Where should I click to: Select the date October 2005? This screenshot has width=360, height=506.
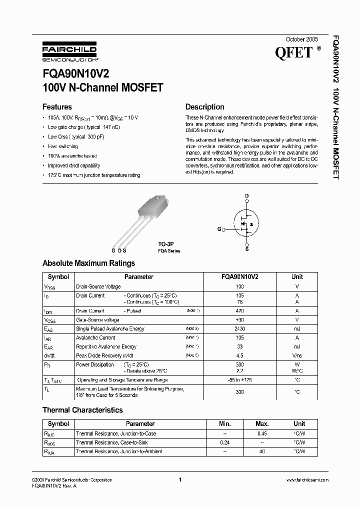(x=301, y=39)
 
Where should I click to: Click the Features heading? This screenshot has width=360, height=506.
(x=57, y=107)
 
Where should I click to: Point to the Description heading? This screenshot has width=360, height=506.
(x=204, y=107)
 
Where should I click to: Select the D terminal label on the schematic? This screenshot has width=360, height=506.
(x=246, y=196)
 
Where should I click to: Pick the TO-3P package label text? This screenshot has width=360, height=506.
(x=165, y=244)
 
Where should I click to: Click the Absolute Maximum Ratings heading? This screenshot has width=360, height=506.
(x=88, y=263)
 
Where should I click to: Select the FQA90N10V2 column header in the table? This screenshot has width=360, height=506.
(x=239, y=276)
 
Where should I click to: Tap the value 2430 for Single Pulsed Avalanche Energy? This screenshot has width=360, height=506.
(x=239, y=328)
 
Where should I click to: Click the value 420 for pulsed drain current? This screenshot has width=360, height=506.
(x=239, y=311)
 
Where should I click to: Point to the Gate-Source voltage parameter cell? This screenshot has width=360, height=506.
(x=97, y=319)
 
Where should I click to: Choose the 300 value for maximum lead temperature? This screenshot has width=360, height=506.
(x=239, y=392)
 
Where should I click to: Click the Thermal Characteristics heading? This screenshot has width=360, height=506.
(x=82, y=410)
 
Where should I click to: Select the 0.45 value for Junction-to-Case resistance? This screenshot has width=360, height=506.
(x=262, y=433)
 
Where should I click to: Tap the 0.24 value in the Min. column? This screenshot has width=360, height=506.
(x=225, y=442)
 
